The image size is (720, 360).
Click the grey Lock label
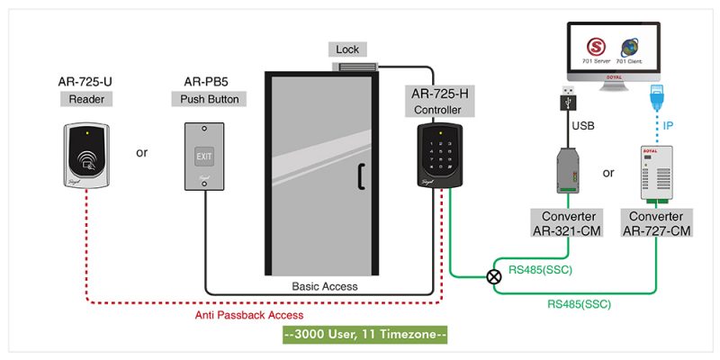[x=347, y=49]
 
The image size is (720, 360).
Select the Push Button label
[x=204, y=100]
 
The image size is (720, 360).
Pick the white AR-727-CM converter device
[x=657, y=171]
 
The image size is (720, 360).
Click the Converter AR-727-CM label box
[x=656, y=223]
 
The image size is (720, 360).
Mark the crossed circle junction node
[x=494, y=277]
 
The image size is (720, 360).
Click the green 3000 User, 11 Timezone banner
[x=364, y=336]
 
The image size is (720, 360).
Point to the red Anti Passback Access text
[x=249, y=315]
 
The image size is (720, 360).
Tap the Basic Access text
[x=325, y=286]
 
